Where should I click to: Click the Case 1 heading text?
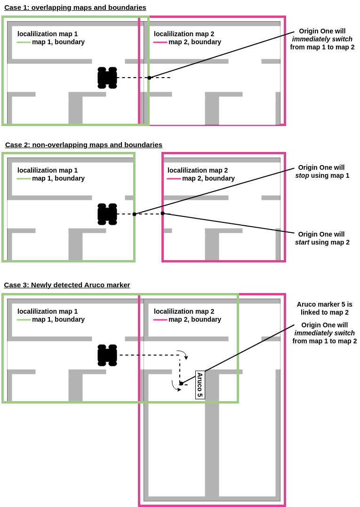click(75, 8)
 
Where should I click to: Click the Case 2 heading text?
click(84, 145)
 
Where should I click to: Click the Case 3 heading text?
click(67, 285)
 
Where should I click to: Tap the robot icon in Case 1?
click(107, 78)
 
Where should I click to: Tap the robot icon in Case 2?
click(107, 214)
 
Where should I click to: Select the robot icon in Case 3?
click(107, 355)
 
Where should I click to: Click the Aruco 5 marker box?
click(200, 385)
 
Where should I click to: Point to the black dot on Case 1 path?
click(149, 78)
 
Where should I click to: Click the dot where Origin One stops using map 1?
click(134, 214)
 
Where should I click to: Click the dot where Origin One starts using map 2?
click(163, 214)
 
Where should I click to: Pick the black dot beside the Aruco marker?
click(181, 383)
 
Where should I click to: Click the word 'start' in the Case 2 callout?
click(302, 242)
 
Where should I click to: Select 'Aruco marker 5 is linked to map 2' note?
click(324, 308)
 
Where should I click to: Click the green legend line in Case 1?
click(24, 42)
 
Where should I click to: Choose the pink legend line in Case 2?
click(174, 179)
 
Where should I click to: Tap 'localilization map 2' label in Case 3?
click(184, 311)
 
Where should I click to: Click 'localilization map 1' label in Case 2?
click(48, 170)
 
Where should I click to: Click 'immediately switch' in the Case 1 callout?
click(322, 39)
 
